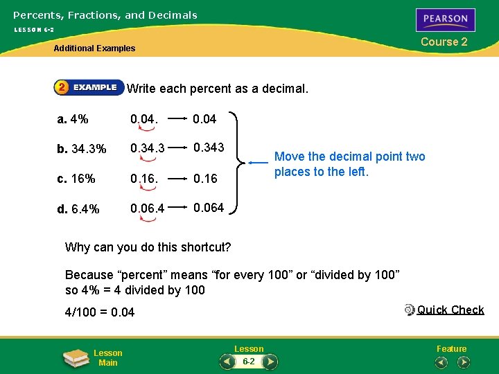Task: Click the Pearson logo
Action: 446,19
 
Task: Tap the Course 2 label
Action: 444,42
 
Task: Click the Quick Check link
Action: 450,310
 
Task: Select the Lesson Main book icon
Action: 76,357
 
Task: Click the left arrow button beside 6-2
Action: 227,362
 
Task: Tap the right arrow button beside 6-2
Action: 270,362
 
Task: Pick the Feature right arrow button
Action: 464,362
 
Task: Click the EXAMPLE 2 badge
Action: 88,87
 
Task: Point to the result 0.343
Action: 208,148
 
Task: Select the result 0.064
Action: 208,208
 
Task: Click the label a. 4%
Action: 73,118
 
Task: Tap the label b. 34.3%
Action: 82,149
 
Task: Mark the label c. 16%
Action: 76,179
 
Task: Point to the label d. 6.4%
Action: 78,209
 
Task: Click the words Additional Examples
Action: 94,48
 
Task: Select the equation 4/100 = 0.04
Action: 99,312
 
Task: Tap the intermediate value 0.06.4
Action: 148,208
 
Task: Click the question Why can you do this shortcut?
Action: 148,247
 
